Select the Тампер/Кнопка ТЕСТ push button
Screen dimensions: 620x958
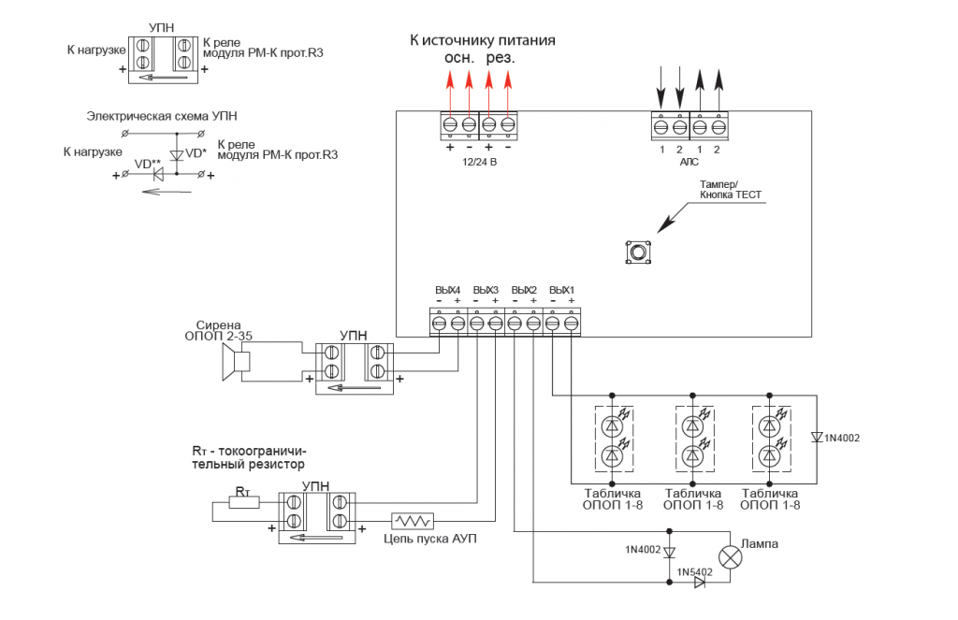[638, 252]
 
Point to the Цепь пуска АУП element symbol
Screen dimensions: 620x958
[413, 521]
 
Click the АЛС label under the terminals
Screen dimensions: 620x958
[689, 162]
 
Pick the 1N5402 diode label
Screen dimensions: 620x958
[694, 570]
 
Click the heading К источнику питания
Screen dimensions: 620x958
[483, 40]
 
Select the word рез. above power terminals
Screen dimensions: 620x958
[501, 58]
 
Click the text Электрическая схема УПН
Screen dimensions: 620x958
[161, 116]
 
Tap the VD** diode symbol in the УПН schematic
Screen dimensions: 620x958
[158, 175]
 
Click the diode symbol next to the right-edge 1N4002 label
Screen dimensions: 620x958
[817, 437]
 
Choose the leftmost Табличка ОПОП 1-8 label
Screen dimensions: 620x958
[613, 498]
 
